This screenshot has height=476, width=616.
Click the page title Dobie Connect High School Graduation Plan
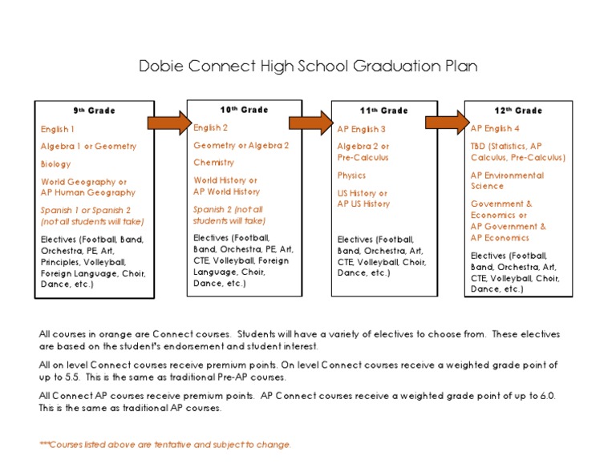pos(307,66)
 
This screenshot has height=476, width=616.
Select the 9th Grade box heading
pos(94,111)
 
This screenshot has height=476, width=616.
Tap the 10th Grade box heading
pos(244,110)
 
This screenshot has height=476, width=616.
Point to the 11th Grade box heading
pos(383,111)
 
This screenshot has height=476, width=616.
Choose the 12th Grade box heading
pos(518,111)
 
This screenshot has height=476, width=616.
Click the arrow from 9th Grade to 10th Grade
pos(169,122)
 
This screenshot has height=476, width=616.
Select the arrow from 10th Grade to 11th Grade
pos(310,122)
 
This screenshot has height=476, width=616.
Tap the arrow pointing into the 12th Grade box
pos(446,122)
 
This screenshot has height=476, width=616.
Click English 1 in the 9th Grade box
pos(58,129)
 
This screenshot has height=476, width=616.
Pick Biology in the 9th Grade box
pos(56,164)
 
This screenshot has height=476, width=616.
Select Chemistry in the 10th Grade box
pos(213,163)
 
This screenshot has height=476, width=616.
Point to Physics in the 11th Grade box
pos(351,175)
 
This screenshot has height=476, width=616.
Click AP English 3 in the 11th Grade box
pos(362,129)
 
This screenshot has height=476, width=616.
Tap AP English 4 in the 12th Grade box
pos(495,128)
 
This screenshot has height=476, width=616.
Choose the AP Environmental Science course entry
pos(507,181)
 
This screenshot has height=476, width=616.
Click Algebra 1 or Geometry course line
pos(88,147)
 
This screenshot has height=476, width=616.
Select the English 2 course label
pos(211,127)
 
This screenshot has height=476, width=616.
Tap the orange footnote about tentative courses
pos(165,445)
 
